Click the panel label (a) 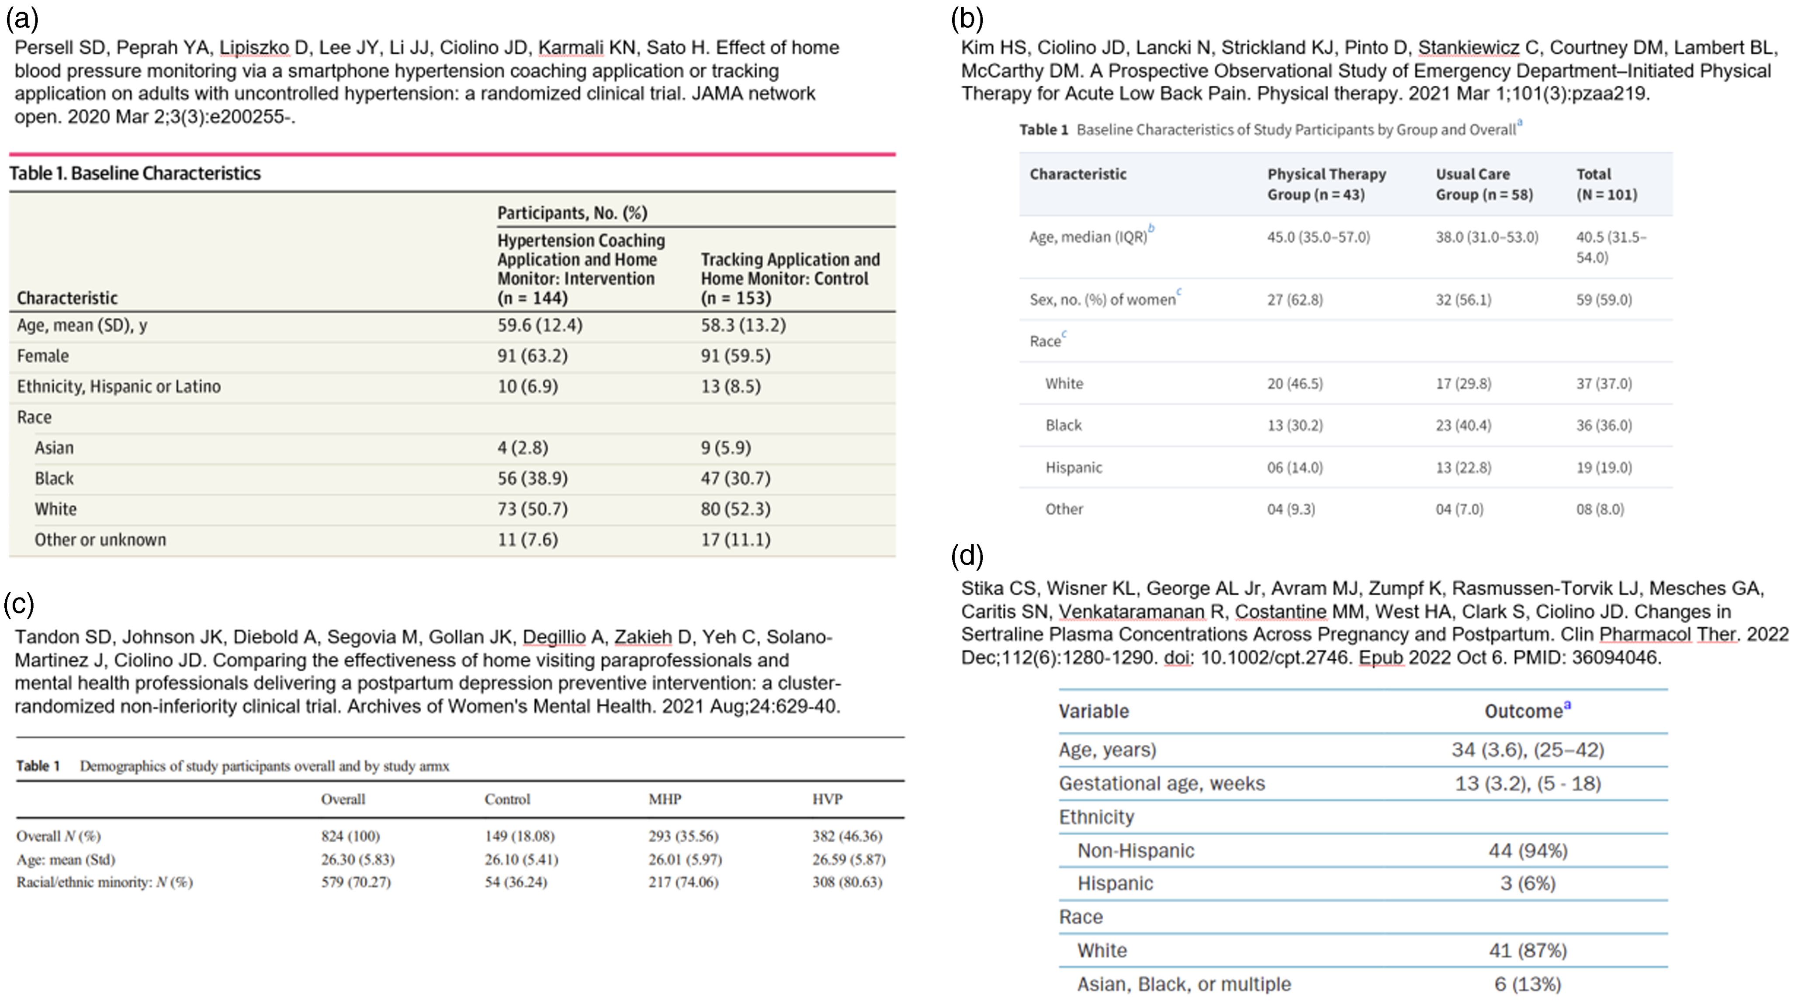point(22,19)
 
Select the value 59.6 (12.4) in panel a point(540,325)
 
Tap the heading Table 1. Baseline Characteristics point(135,173)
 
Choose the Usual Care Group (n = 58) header point(1484,184)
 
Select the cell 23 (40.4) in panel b point(1463,425)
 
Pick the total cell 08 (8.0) point(1600,509)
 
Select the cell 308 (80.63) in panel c point(847,882)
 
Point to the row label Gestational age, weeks point(1161,783)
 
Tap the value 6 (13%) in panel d point(1527,984)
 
